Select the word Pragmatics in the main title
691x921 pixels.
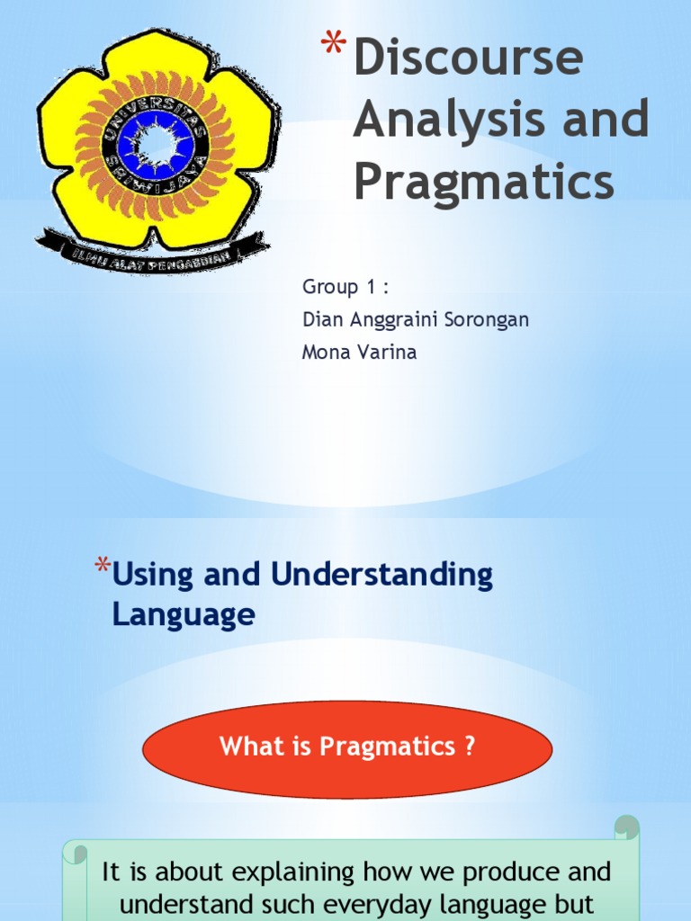483,181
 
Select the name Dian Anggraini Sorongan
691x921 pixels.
415,319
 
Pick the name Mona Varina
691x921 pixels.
359,352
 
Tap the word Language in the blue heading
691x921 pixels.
184,615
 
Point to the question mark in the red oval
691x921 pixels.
469,747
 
